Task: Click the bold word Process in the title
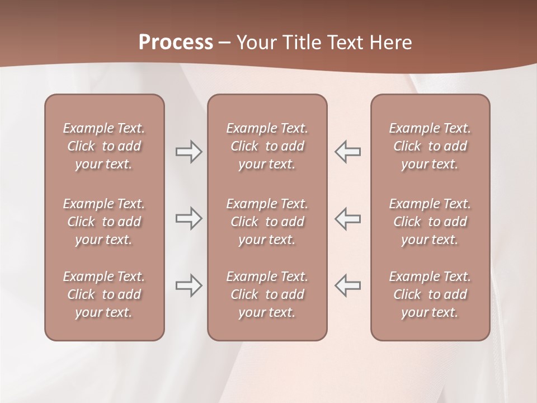[x=176, y=43]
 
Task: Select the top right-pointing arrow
[x=189, y=152]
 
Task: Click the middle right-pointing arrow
[x=189, y=218]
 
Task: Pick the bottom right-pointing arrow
[x=189, y=285]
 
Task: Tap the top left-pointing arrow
[x=347, y=152]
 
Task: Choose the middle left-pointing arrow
[x=347, y=218]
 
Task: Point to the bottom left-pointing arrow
[x=347, y=285]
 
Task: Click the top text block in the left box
[x=104, y=146]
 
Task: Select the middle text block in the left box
[x=104, y=222]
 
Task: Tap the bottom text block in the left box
[x=104, y=294]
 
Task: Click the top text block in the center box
[x=267, y=146]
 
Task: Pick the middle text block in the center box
[x=267, y=222]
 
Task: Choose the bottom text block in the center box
[x=267, y=294]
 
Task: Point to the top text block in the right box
[x=430, y=146]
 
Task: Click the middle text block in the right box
[x=430, y=222]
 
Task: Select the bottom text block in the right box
[x=430, y=294]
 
